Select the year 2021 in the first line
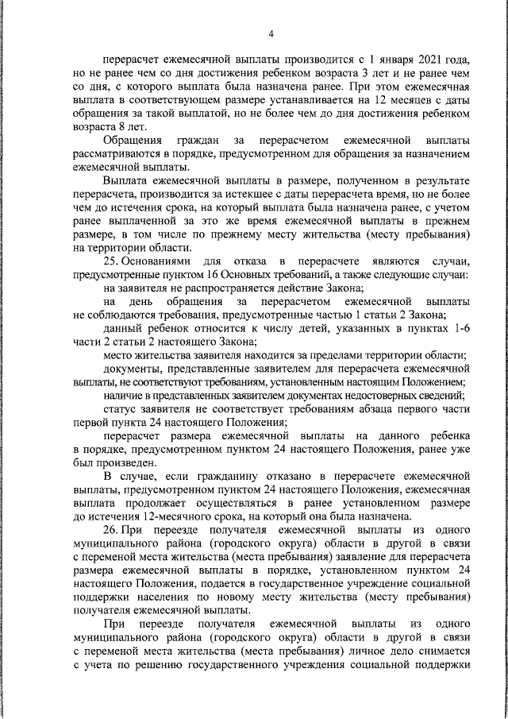point(418,59)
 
